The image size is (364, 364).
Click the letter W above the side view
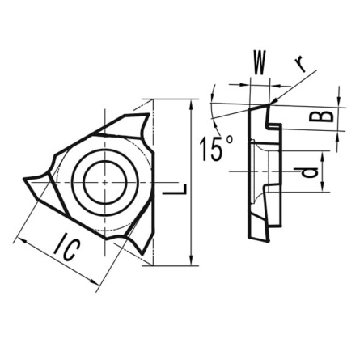pyautogui.click(x=260, y=62)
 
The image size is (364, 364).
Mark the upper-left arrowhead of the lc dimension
pyautogui.click(x=18, y=239)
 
